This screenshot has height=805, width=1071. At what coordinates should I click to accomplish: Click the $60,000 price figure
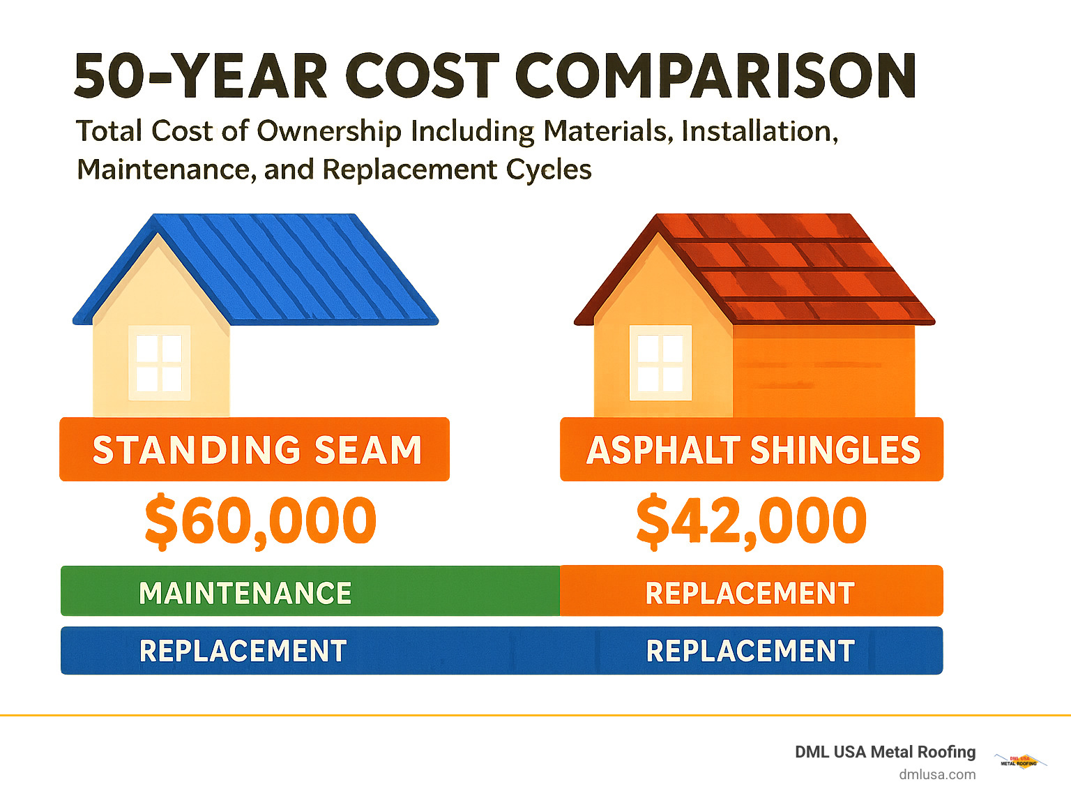(260, 521)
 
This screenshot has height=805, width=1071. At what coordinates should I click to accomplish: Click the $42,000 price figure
(751, 521)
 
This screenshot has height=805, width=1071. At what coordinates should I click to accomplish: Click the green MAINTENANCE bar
(310, 592)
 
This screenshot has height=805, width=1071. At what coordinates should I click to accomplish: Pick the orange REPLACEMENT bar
(751, 592)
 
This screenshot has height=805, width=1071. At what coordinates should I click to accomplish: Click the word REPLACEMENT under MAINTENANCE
(243, 651)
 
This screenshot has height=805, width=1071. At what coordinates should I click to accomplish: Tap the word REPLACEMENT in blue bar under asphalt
(750, 651)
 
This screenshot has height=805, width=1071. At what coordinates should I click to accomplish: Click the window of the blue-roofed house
(159, 363)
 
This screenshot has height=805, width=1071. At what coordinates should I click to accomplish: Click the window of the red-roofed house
(660, 363)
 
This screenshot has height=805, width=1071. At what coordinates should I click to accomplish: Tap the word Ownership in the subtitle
(331, 131)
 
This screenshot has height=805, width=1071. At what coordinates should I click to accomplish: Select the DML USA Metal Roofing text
(885, 752)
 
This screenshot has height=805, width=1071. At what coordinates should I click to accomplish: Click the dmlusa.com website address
(937, 774)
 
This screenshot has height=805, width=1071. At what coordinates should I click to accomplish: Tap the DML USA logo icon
(1019, 761)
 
